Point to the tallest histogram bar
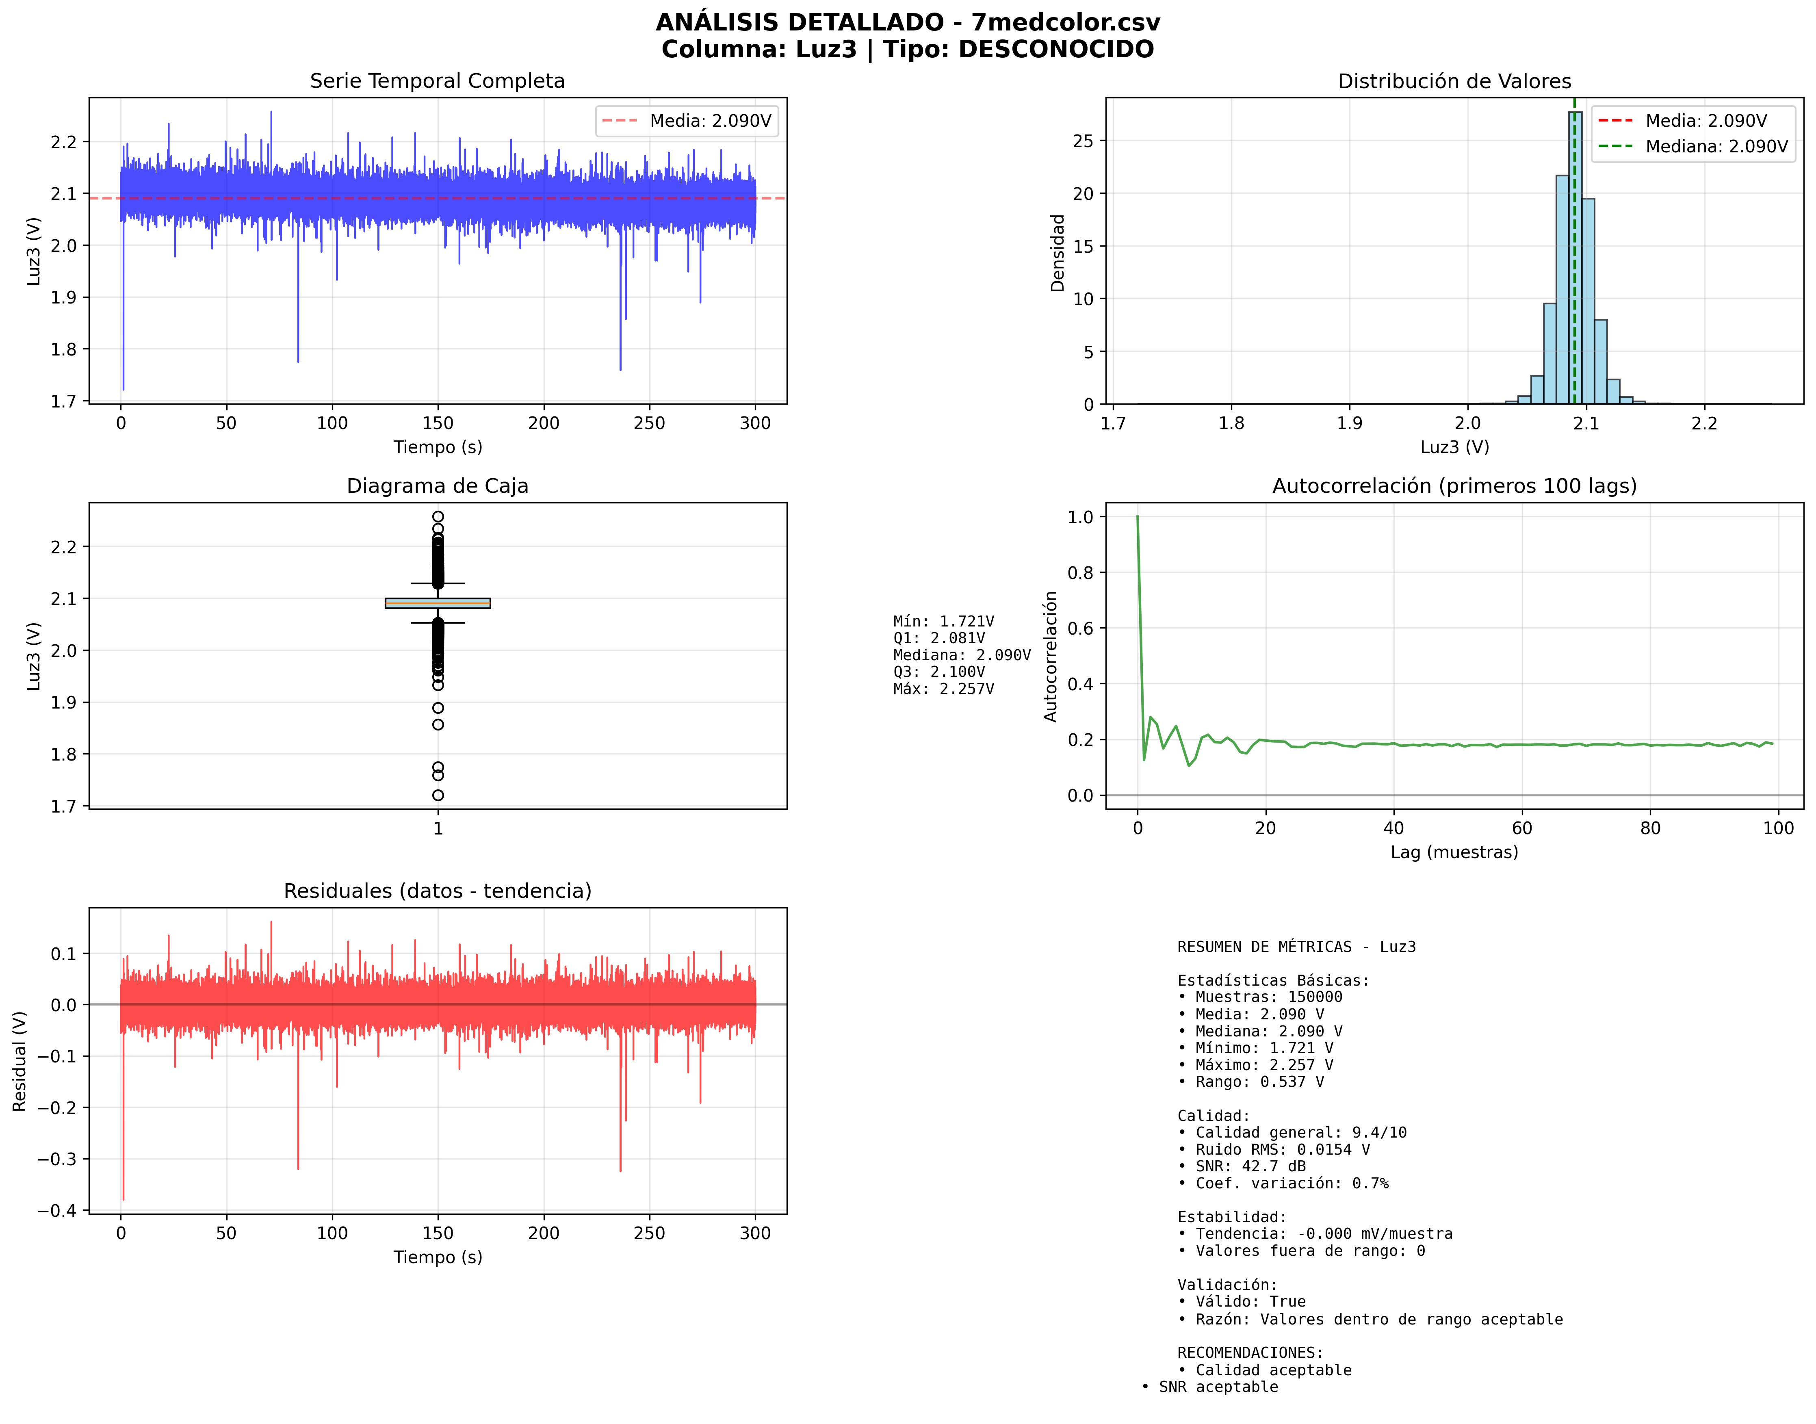click(1574, 258)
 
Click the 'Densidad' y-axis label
click(1057, 253)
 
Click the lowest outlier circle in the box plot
click(438, 795)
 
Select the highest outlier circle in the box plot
click(438, 517)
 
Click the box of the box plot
click(438, 603)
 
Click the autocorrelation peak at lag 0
click(1137, 518)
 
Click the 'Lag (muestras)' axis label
click(1454, 852)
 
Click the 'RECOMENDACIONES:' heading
click(1250, 1352)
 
